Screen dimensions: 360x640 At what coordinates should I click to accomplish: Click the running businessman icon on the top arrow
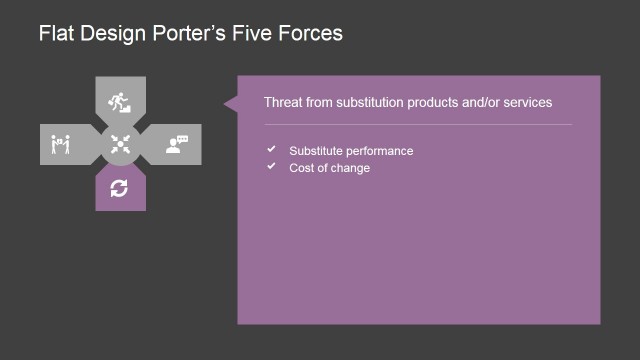[x=120, y=100]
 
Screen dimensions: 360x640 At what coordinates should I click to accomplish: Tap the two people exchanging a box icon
[x=59, y=145]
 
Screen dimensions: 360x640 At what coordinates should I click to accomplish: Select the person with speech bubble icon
[x=178, y=144]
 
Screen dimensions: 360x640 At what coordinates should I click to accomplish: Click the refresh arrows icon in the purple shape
[x=120, y=187]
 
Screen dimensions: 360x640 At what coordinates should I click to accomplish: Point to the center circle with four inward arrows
[x=120, y=144]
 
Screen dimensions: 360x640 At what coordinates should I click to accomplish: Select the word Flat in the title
[x=55, y=34]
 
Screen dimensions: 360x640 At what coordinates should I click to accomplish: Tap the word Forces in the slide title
[x=313, y=34]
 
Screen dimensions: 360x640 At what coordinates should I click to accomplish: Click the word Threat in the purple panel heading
[x=282, y=102]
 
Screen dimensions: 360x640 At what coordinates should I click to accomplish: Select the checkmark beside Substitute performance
[x=271, y=150]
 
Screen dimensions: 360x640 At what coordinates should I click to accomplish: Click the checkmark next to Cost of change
[x=271, y=166]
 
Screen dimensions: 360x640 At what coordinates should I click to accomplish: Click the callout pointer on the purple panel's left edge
[x=230, y=102]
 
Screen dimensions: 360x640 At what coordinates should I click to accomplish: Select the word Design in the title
[x=111, y=34]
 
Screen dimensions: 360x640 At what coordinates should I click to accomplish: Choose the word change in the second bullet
[x=351, y=167]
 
